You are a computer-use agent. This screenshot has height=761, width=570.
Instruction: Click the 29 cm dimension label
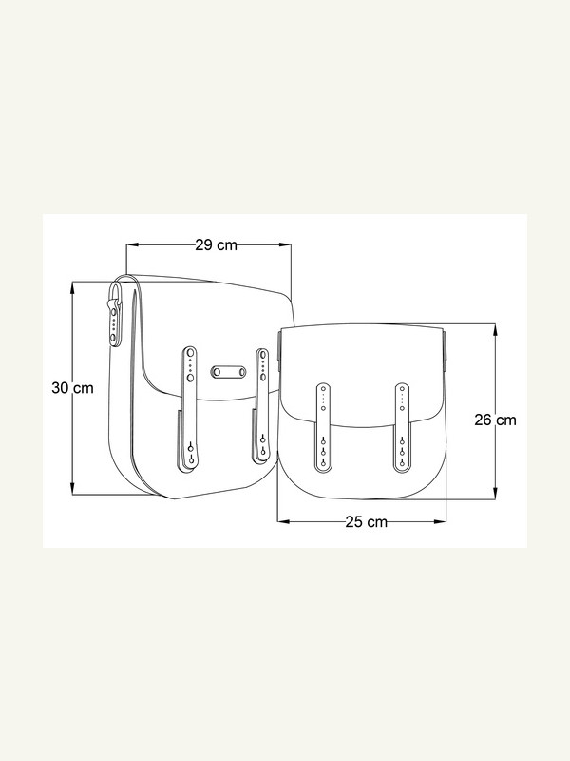(217, 245)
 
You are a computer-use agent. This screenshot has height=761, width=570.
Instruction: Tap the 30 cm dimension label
(73, 388)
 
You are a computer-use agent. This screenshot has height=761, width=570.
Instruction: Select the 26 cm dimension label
(495, 420)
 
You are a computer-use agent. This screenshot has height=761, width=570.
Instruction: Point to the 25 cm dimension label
(367, 521)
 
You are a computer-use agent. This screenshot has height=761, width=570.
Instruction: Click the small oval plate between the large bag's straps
(228, 372)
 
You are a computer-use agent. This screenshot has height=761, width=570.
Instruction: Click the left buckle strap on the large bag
(190, 409)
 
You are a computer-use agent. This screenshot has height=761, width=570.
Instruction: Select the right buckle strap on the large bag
(262, 403)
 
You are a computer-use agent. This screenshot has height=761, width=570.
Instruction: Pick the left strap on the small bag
(323, 427)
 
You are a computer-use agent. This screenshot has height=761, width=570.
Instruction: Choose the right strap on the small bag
(402, 427)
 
